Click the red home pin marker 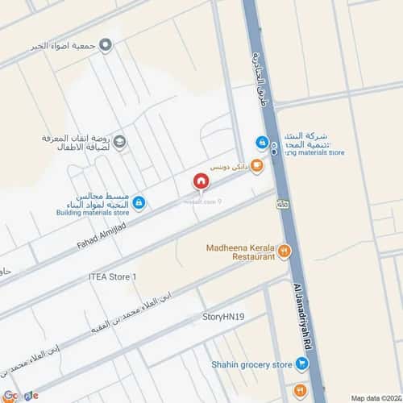click(x=200, y=183)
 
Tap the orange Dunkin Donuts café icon click(x=257, y=166)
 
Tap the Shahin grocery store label click(x=251, y=364)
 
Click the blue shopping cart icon click(x=301, y=364)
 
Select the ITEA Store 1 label click(x=112, y=276)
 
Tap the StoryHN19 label click(x=223, y=318)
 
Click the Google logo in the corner click(x=19, y=395)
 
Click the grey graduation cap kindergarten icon click(x=119, y=143)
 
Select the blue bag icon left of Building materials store click(x=139, y=201)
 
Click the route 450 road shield click(x=282, y=206)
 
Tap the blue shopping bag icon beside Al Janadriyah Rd click(x=262, y=143)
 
